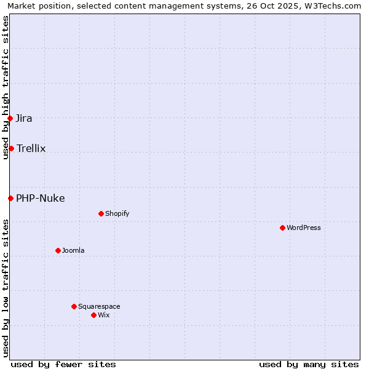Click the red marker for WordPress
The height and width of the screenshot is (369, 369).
[x=282, y=228]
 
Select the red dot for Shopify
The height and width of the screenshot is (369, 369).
[x=101, y=213]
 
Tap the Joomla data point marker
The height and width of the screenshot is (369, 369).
[x=58, y=250]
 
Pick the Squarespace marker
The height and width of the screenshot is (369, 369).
[x=74, y=306]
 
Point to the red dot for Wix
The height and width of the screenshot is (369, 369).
[x=93, y=315]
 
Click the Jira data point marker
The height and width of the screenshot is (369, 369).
[x=10, y=118]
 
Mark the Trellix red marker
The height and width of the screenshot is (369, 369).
[x=11, y=148]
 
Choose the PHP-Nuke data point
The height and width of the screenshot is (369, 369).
[x=10, y=198]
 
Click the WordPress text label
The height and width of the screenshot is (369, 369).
[x=304, y=228]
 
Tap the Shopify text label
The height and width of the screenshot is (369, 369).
[x=117, y=213]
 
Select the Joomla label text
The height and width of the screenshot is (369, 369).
[x=73, y=250]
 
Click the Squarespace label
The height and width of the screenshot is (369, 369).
[x=99, y=306]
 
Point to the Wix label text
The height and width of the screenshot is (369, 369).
[x=103, y=315]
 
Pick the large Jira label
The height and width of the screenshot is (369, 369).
[x=24, y=118]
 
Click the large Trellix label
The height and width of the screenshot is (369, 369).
[x=31, y=148]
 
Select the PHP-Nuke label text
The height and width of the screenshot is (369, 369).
[x=41, y=198]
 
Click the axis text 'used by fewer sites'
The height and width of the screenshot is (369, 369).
[x=63, y=364]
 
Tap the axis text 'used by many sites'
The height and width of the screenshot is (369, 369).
[x=309, y=364]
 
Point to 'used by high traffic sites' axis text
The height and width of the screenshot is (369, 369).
[x=6, y=87]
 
